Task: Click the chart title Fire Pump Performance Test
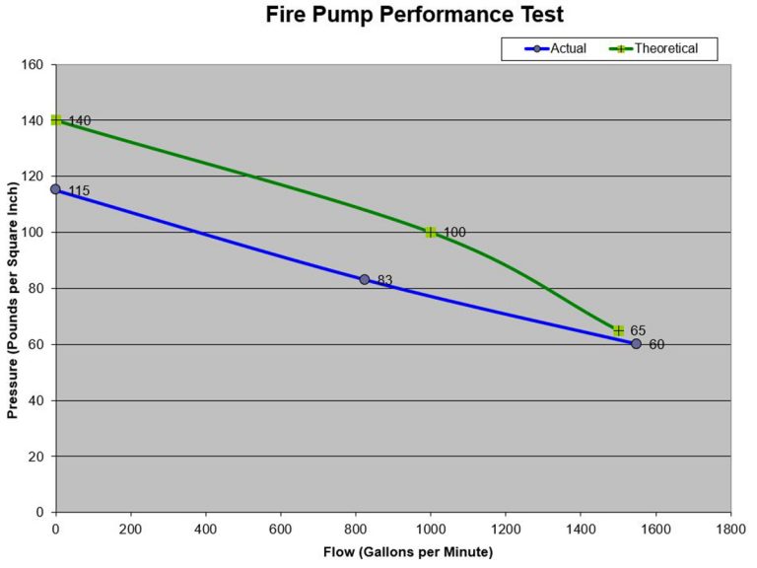pos(414,16)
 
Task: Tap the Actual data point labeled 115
pos(55,189)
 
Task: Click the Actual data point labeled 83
pos(365,280)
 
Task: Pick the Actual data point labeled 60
pos(637,344)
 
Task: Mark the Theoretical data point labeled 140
pos(56,120)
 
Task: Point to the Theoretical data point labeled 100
pos(431,233)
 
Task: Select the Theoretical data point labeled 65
pos(618,330)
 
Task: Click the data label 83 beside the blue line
pos(384,281)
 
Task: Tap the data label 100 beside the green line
pos(454,233)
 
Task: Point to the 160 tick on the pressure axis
pos(34,65)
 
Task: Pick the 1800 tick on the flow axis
pos(730,527)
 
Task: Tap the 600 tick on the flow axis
pos(281,527)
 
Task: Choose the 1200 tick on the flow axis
pos(506,527)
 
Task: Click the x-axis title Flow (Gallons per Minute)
pos(393,550)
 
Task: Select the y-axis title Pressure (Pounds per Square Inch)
pos(13,289)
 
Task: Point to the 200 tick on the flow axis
pos(131,527)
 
